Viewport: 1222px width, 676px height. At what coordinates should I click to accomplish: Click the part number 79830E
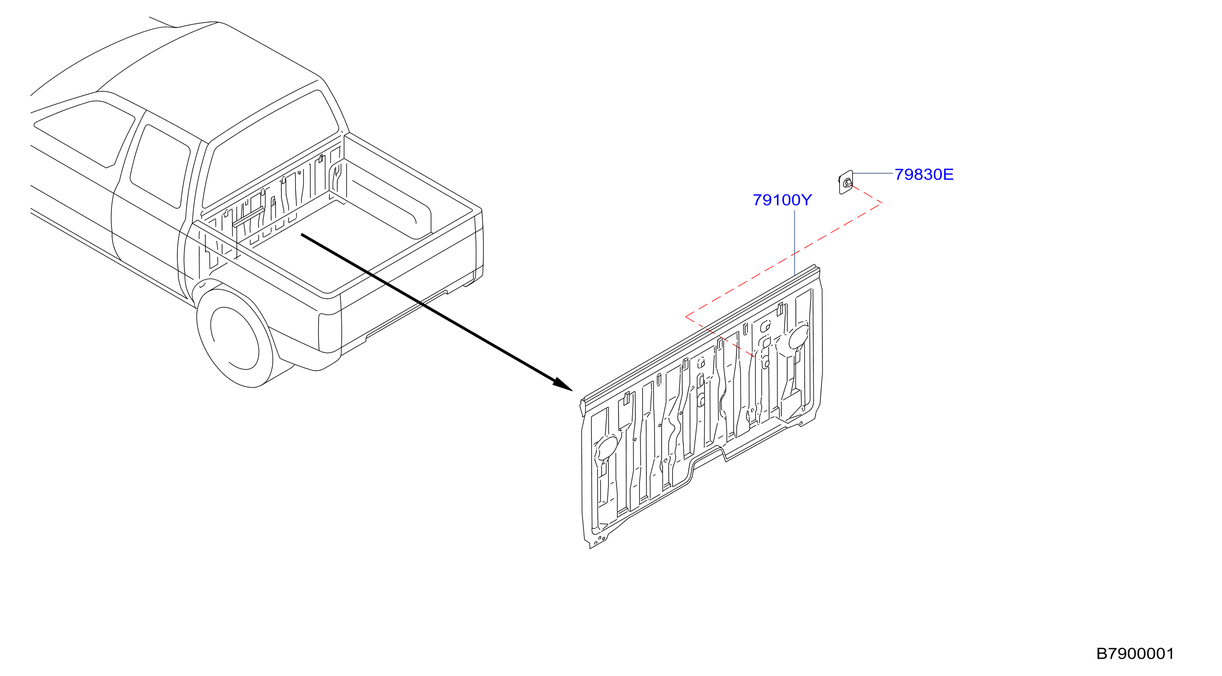(923, 175)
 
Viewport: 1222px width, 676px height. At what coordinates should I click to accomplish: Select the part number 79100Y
(782, 200)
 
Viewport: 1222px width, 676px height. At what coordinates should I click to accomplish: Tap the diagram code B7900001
(1135, 654)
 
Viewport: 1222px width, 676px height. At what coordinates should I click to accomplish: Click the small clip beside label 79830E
(846, 182)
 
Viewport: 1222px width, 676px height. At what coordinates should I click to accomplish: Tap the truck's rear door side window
(160, 166)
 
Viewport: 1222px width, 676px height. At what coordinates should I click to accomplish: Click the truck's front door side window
(85, 133)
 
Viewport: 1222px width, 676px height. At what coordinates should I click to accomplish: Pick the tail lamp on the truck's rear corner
(330, 333)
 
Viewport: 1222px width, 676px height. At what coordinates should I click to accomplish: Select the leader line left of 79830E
(873, 174)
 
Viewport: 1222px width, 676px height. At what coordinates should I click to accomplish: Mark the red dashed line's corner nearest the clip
(882, 203)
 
